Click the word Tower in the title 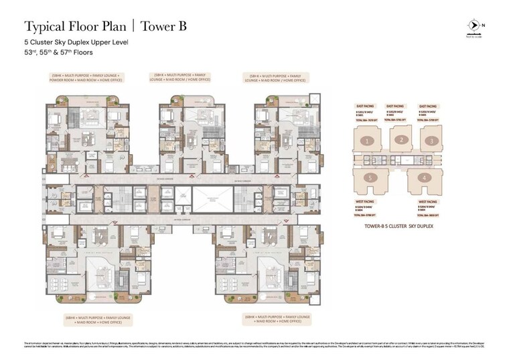(x=153, y=27)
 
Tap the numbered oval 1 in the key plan (x=366, y=141)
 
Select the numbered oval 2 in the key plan (x=400, y=139)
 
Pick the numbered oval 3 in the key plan (x=433, y=141)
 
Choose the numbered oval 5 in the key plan (x=369, y=178)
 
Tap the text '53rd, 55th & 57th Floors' (x=59, y=52)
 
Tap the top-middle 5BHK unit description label (x=181, y=78)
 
